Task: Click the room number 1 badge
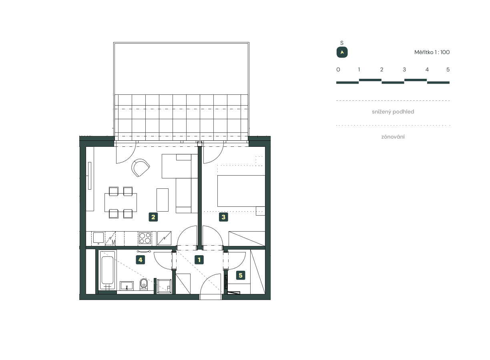click(199, 260)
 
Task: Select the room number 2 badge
click(153, 217)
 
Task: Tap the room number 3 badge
click(224, 217)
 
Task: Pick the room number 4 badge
click(140, 260)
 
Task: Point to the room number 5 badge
click(240, 275)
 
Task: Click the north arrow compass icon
click(342, 52)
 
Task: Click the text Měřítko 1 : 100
click(432, 52)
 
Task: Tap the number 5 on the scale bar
click(448, 70)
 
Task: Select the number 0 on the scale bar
click(338, 70)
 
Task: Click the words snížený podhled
click(393, 112)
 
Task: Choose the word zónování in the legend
click(393, 137)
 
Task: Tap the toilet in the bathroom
click(144, 284)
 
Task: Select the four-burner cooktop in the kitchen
click(145, 238)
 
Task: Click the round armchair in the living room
click(141, 168)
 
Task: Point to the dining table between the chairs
click(120, 202)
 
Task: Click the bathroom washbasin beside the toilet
click(127, 286)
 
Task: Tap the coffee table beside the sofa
click(163, 200)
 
